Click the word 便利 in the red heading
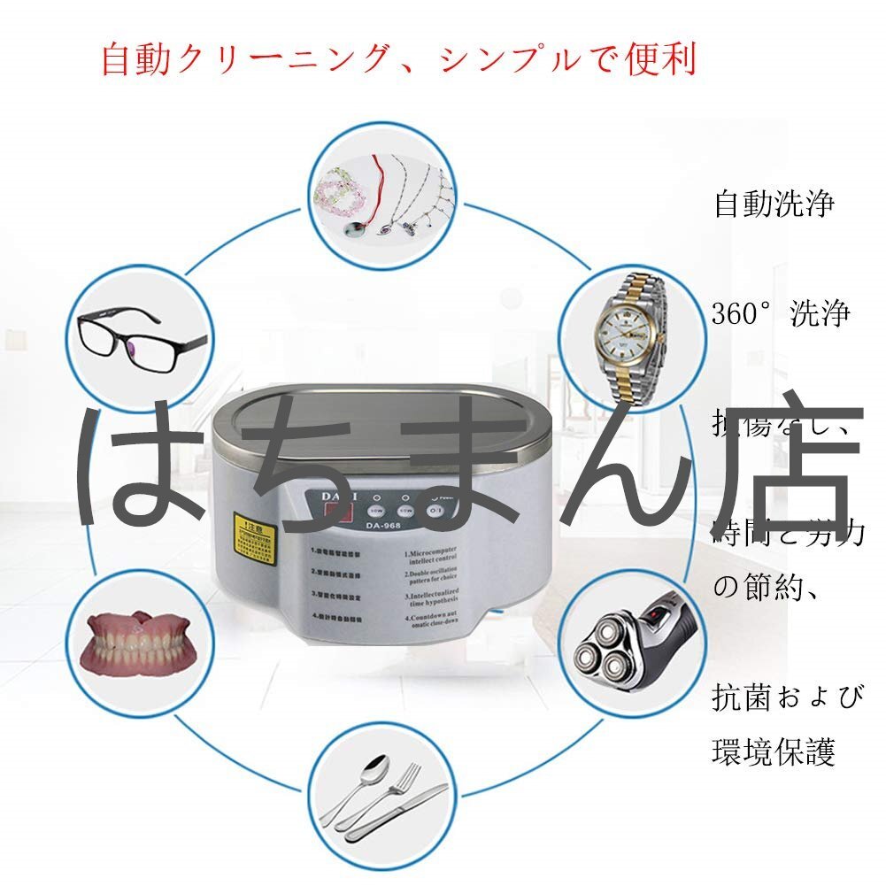[654, 58]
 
